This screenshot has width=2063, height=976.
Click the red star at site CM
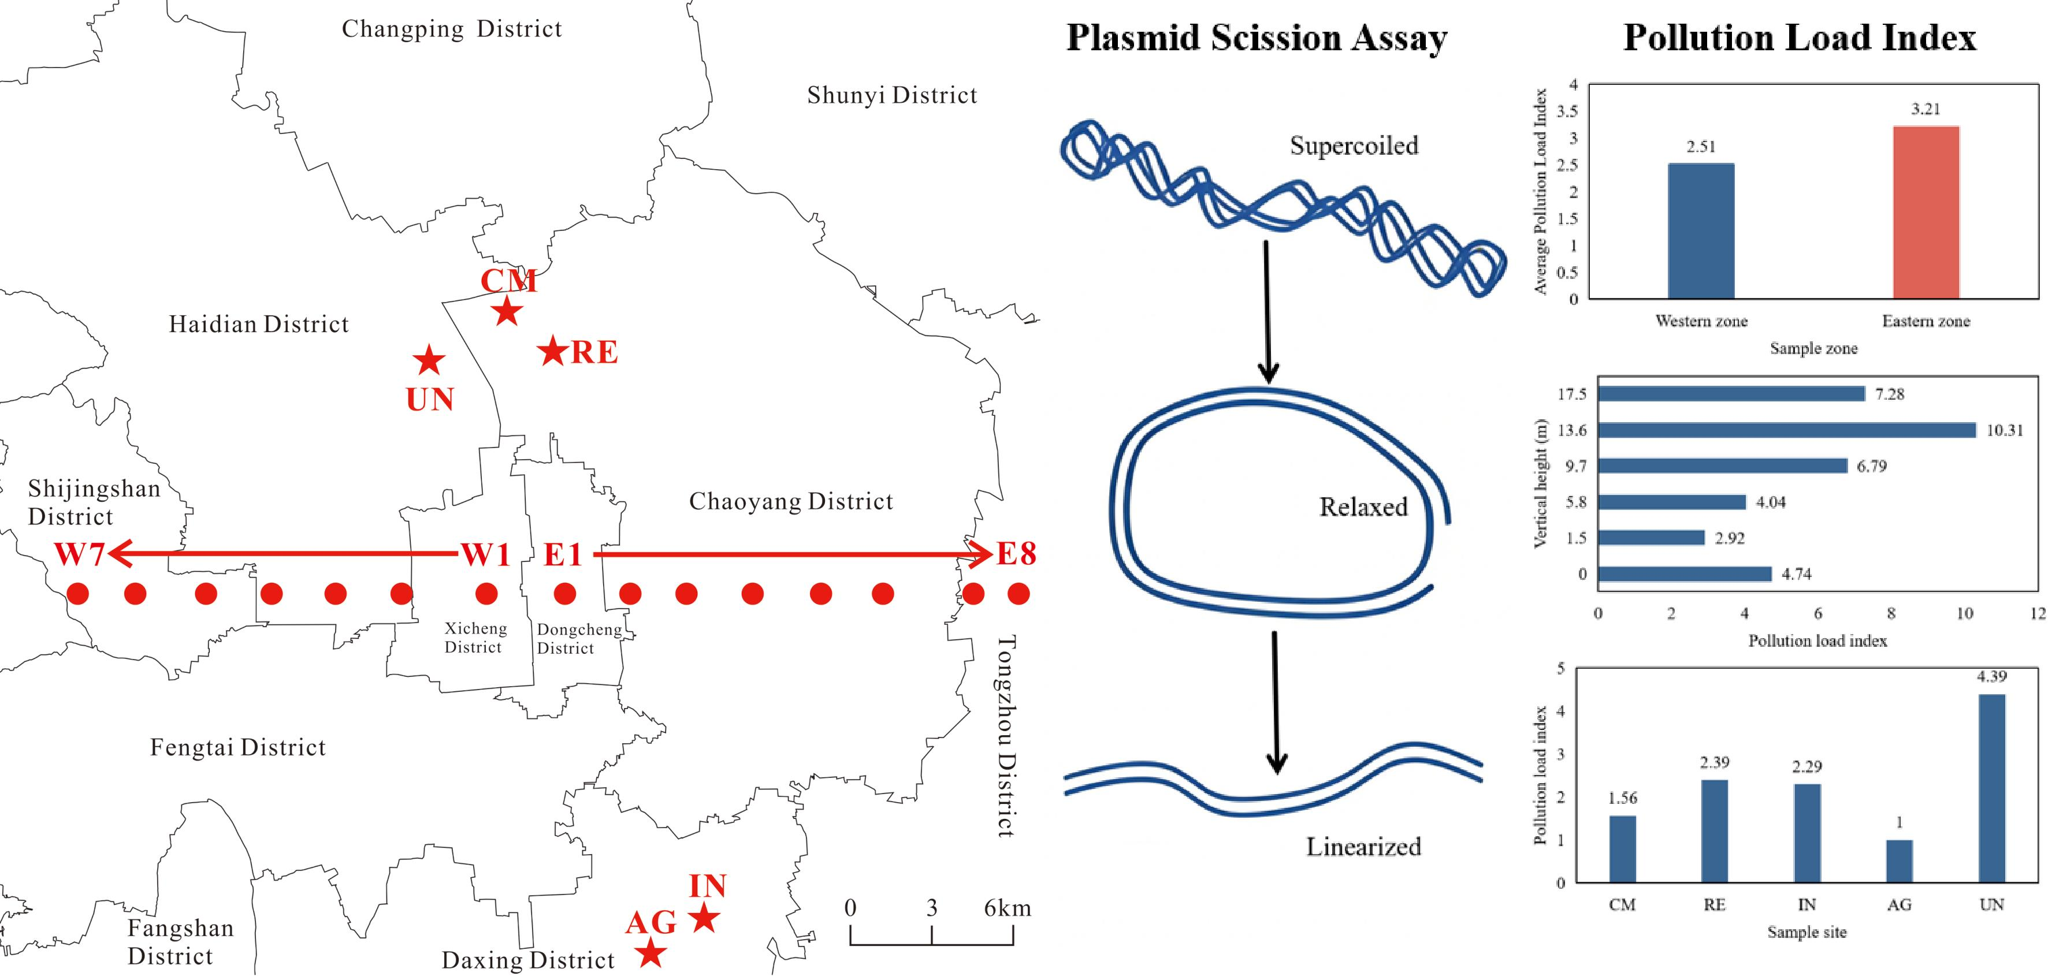[508, 311]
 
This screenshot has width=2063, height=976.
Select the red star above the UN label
[429, 360]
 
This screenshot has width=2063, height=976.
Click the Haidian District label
[259, 324]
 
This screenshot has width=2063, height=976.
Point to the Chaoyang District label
[790, 501]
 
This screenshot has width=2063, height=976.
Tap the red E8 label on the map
[1016, 553]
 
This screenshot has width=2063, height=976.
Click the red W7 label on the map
[79, 554]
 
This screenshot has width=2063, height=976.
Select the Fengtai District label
[238, 747]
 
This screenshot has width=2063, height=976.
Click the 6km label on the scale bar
[1008, 908]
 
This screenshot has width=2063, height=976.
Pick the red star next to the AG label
[651, 953]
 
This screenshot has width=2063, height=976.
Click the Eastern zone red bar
[1926, 212]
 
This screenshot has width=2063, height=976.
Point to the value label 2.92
[1729, 538]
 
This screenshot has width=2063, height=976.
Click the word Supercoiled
[1354, 146]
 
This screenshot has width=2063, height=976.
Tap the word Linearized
[1363, 846]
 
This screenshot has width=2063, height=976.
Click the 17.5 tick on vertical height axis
[1571, 394]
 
